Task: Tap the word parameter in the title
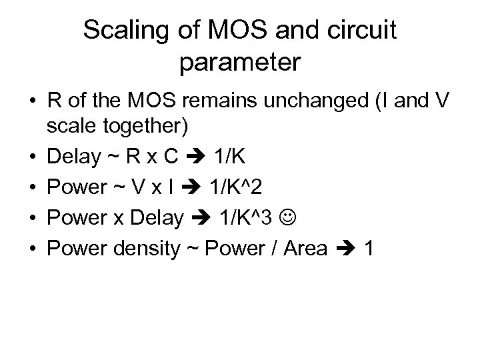tap(240, 63)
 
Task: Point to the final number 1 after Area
tap(369, 249)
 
